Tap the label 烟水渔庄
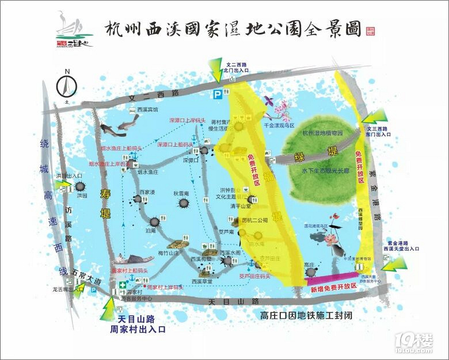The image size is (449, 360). [140, 171]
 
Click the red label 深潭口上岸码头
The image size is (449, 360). [187, 121]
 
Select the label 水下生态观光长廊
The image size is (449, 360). [322, 171]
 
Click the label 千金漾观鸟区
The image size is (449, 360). [279, 125]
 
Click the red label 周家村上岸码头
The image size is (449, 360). [165, 286]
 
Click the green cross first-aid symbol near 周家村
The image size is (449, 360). [122, 285]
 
